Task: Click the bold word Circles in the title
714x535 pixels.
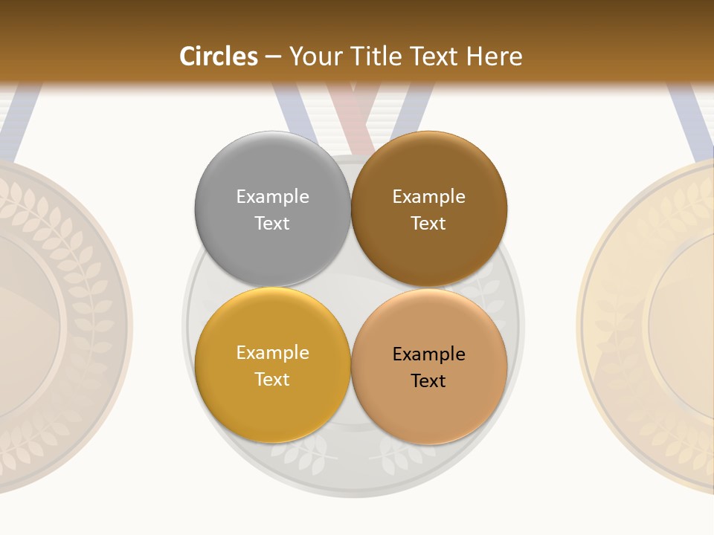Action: click(219, 56)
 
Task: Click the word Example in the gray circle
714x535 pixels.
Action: click(272, 196)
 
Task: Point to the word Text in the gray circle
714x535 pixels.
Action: click(272, 223)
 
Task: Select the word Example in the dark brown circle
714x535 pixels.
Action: click(429, 196)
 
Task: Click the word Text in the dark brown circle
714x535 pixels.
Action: click(429, 223)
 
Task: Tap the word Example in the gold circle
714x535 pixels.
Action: click(272, 352)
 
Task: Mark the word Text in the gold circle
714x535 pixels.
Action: click(272, 379)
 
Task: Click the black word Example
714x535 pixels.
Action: click(429, 354)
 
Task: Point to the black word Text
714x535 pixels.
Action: click(429, 380)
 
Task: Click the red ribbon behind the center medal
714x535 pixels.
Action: click(351, 111)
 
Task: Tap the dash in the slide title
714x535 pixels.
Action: click(273, 56)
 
